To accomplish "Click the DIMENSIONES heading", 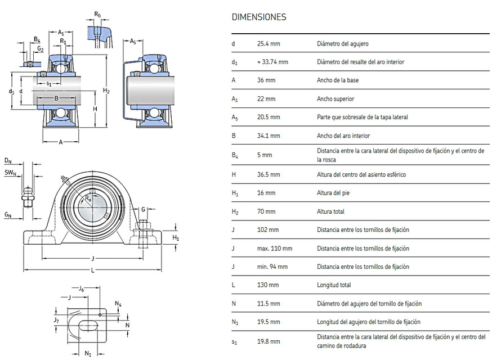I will pos(258,17).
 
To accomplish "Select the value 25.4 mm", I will pos(269,43).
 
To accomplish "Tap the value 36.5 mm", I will pos(269,174).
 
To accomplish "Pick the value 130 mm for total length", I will pos(268,285).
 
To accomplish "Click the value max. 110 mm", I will pos(275,248).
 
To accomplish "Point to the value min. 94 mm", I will pos(272,267).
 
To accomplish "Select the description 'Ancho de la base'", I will pos(338,80).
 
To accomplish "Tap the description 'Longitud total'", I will pos(334,285).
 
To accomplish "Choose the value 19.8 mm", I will pos(269,340).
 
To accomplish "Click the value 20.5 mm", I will pos(269,117).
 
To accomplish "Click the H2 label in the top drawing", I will pos(106,91).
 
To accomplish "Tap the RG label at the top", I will pos(97,14).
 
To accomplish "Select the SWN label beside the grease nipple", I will pos(10,173).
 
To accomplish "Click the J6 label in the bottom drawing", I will pos(82,289).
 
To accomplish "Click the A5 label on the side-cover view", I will pos(133,41).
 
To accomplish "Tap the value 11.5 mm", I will pos(269,304).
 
